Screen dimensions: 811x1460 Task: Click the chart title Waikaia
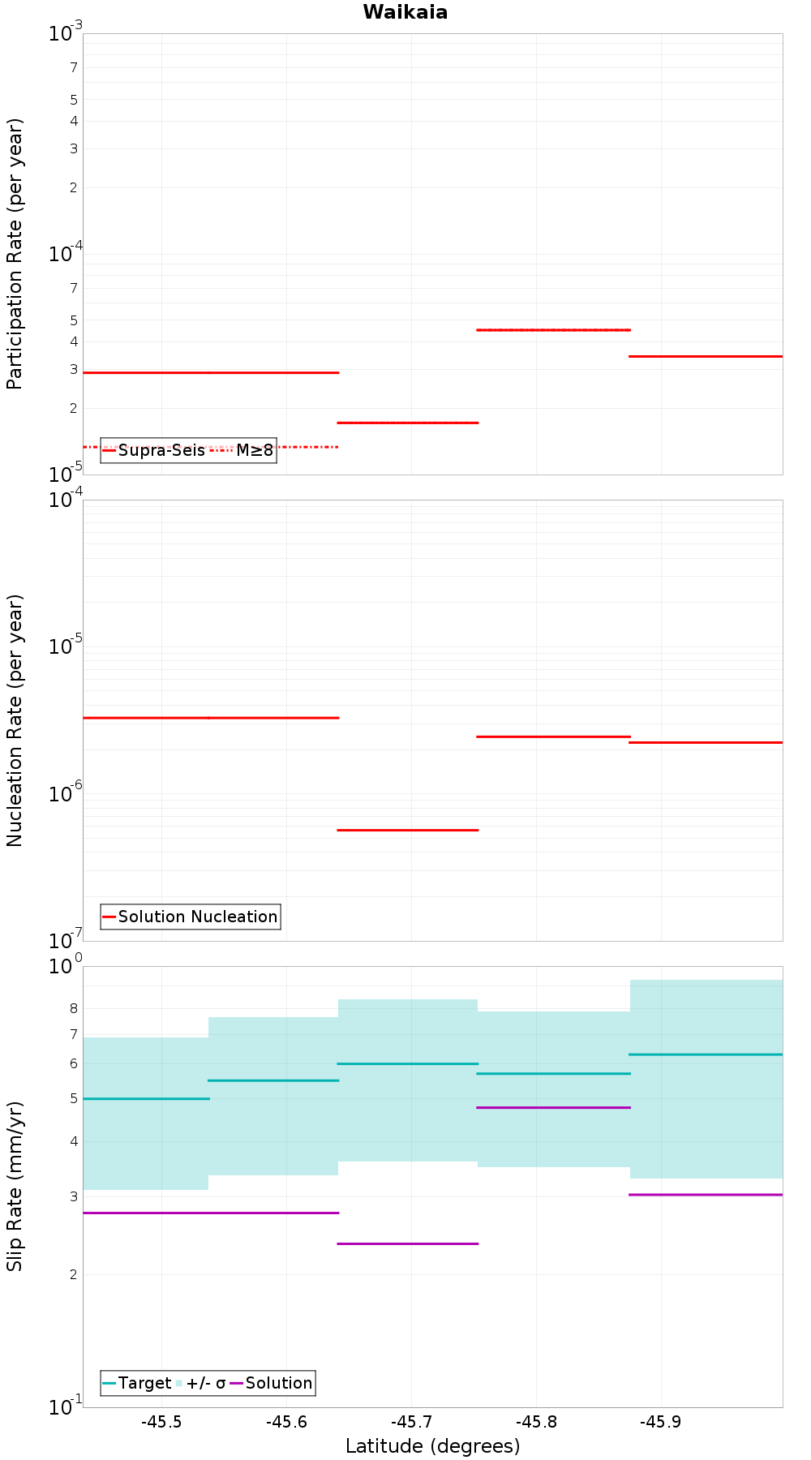click(x=405, y=12)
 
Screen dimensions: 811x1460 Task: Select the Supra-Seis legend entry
click(x=153, y=450)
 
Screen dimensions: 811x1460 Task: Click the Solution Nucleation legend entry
click(x=190, y=917)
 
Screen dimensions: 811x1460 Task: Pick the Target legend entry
click(x=136, y=1383)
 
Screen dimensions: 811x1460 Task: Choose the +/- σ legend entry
click(x=200, y=1383)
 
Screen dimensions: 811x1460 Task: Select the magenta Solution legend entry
click(x=271, y=1383)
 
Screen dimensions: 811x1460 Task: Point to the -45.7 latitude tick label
click(x=411, y=1422)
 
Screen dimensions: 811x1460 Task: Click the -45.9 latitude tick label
click(x=661, y=1422)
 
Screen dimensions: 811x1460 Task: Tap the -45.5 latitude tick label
click(x=161, y=1422)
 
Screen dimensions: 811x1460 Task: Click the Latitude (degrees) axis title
click(x=432, y=1446)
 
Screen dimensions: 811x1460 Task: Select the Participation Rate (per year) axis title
click(x=15, y=254)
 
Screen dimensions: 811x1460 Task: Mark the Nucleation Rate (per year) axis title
click(x=15, y=720)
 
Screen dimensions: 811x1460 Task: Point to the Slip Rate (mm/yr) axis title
click(x=15, y=1186)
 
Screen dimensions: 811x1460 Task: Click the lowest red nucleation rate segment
click(x=407, y=830)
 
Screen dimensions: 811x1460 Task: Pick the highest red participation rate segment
click(x=553, y=330)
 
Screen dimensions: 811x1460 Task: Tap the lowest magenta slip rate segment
click(x=407, y=1243)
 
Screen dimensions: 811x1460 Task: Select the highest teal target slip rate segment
click(x=706, y=1054)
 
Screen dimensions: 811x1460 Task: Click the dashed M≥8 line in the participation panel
click(x=211, y=447)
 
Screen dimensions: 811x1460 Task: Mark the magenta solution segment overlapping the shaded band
click(x=553, y=1107)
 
